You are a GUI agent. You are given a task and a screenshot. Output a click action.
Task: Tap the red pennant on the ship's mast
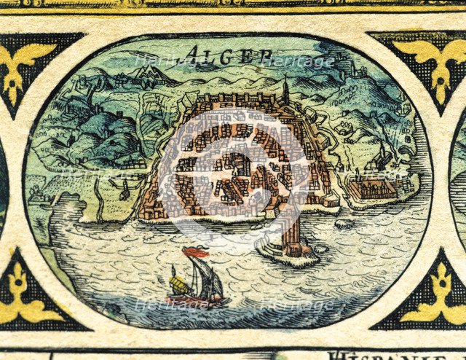(x=195, y=253)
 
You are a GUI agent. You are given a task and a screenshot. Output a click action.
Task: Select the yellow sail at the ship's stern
(x=176, y=281)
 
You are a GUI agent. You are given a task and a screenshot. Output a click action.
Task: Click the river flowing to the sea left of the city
(x=102, y=197)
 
